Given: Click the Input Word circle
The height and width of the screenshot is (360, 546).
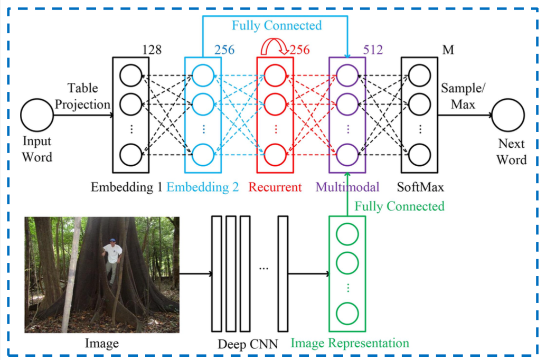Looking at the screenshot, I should pos(37,116).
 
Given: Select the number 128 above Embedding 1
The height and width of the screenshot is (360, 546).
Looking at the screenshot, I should pos(152,50).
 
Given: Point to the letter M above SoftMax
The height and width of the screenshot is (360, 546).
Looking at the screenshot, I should pos(448,50).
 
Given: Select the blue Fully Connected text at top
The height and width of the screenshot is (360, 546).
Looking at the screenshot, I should pos(276,25).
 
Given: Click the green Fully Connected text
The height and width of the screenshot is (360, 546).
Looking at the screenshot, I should pos(399,206).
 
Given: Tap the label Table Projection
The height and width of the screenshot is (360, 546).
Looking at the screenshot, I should pos(82,96).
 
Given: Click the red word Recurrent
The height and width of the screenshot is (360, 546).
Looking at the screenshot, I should pos(275,187).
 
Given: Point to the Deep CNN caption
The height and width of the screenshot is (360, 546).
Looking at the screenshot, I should pos(248,344).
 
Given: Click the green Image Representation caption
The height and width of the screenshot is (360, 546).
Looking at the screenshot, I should pos(350,343).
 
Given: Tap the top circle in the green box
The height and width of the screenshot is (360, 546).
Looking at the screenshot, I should pos(347,234).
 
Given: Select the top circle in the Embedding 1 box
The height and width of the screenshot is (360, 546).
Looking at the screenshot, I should pos(131,76).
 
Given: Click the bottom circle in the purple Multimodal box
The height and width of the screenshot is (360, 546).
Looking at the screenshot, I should pos(347,155).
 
